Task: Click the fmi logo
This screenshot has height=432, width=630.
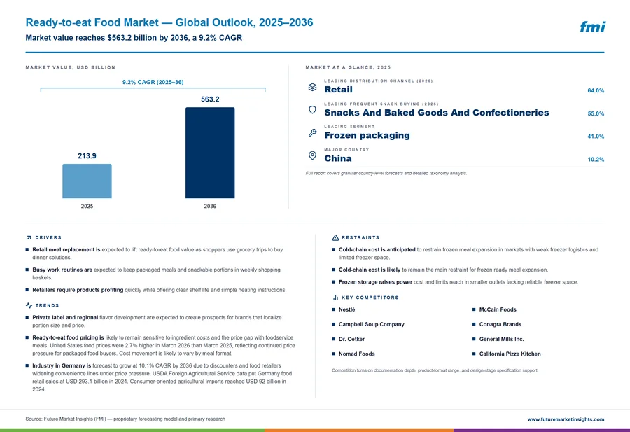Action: pos(592,27)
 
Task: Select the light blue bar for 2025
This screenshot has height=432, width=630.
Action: pos(87,181)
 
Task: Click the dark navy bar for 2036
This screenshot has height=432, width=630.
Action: pos(210,153)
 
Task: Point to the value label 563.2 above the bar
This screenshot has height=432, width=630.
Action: pos(210,99)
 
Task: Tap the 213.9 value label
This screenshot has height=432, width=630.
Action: pos(87,156)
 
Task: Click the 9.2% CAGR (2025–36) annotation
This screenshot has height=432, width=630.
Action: pos(153,82)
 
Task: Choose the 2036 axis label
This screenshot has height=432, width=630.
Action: pos(210,206)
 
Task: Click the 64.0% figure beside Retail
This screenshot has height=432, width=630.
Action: pos(596,90)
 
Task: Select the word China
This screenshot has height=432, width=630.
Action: pos(338,158)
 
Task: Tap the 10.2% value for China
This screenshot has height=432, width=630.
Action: pos(596,160)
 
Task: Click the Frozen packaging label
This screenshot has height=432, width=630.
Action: pos(367,135)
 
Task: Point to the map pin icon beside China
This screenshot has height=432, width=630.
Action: pos(312,155)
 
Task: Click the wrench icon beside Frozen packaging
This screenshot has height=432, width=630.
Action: pos(312,132)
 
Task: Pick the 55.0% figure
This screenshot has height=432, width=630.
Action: pos(596,113)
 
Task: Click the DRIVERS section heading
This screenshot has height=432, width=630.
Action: pos(48,237)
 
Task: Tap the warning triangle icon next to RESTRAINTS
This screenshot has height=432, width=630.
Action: pos(335,237)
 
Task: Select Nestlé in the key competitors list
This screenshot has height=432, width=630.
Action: pos(346,309)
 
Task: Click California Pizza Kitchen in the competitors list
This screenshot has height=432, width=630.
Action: pos(510,354)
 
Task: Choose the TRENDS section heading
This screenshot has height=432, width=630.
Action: pos(47,305)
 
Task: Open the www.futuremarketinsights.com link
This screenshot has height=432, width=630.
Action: pos(566,419)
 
